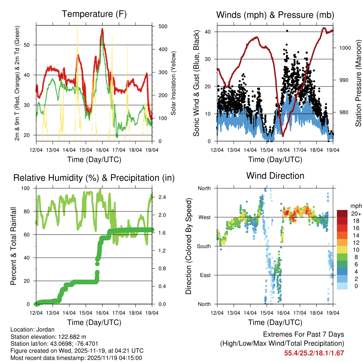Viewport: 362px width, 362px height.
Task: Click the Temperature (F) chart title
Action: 94,14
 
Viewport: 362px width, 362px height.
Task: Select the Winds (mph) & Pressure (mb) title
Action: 275,15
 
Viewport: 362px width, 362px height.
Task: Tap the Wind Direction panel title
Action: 275,175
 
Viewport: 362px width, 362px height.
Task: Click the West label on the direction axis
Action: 204,217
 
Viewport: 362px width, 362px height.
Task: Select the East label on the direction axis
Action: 205,275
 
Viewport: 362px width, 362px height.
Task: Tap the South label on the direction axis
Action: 204,246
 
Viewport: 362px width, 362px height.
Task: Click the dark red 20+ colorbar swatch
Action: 343,214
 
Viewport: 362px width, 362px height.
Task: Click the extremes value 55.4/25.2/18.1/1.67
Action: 314,353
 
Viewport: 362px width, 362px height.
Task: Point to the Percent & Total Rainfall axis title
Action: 13,246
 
